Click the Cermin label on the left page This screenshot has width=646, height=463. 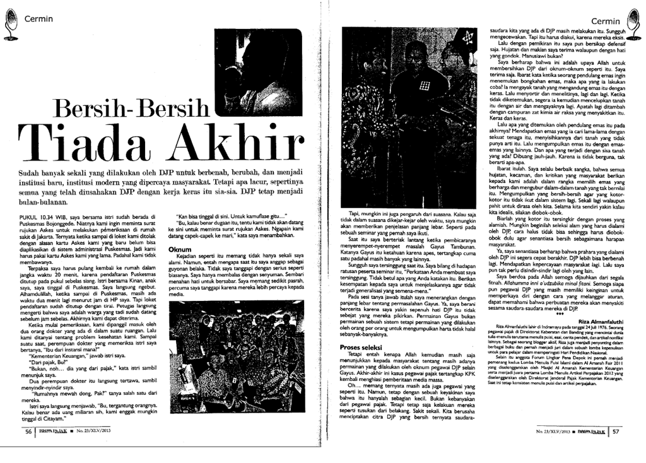point(38,18)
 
